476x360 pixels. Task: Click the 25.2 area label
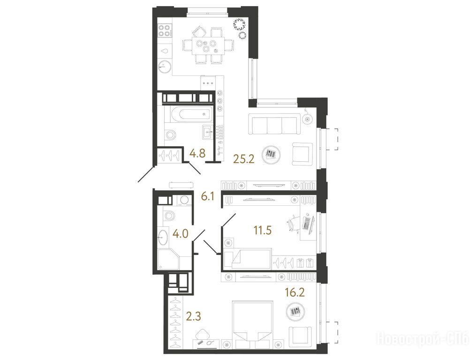click(243, 158)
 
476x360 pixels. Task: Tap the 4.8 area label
click(197, 153)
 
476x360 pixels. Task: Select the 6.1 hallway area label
click(208, 197)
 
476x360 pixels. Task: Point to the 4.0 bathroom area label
click(181, 234)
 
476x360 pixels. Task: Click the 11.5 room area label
click(263, 230)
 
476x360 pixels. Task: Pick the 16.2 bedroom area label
click(295, 292)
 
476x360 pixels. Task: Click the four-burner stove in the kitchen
click(164, 31)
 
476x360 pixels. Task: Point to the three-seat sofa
click(275, 124)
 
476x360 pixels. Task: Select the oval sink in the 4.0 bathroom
click(163, 237)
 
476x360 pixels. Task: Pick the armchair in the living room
click(302, 154)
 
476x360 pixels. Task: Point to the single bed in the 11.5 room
click(247, 258)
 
